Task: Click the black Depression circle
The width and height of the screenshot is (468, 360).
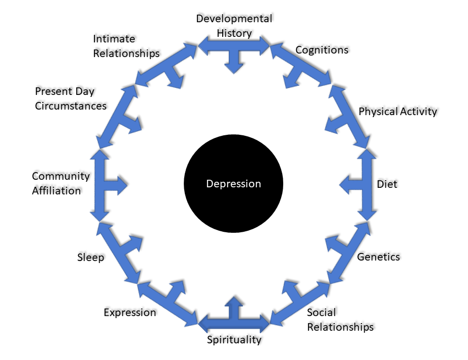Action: pos(233,184)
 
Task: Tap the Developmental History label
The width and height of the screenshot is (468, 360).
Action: pos(234,26)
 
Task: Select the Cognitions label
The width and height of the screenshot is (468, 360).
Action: pos(322,49)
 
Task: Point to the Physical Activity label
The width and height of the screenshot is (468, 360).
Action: pos(398,111)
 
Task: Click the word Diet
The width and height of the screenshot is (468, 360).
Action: pos(387,184)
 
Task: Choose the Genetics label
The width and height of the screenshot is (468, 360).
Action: pos(378,256)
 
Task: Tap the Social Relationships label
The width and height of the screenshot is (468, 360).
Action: pos(340,320)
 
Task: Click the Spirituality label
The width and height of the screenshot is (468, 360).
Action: pos(234,339)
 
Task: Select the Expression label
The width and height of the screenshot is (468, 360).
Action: pos(130,312)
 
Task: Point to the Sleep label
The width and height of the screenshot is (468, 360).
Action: pos(91,258)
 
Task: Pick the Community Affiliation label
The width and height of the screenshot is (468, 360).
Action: pos(61,183)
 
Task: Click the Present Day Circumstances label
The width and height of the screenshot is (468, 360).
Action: pos(71,98)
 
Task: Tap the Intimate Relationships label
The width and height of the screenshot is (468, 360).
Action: pos(126,45)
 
